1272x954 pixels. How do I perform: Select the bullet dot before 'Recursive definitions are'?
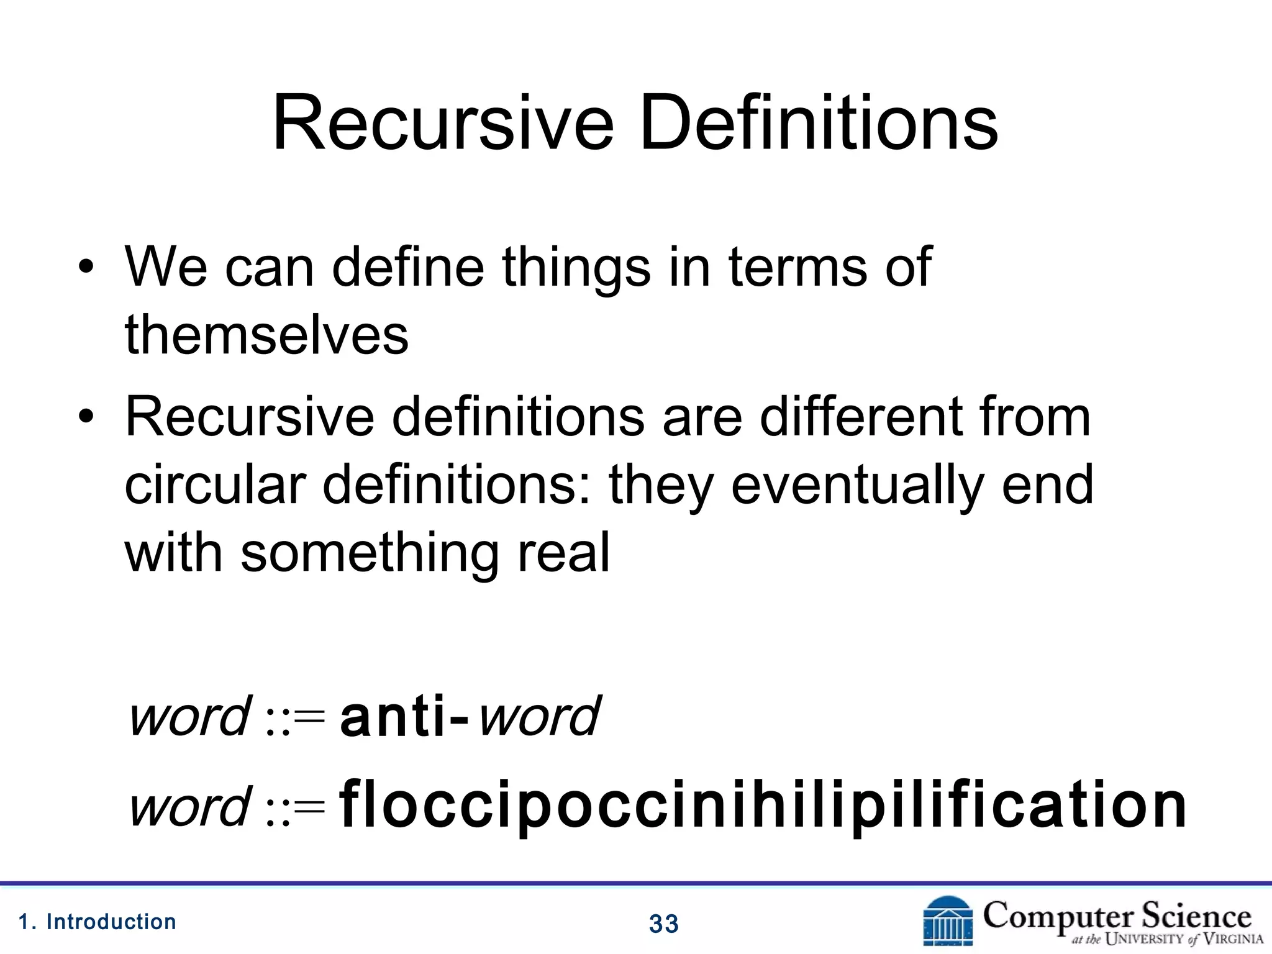click(86, 417)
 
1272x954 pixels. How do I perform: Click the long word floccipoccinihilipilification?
click(763, 806)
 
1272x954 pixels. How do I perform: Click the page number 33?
click(664, 924)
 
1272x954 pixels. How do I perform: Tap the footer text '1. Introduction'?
click(98, 922)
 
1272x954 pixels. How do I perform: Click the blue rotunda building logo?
click(948, 922)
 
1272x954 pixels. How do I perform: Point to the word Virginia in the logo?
click(1233, 940)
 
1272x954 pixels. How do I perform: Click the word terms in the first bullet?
click(797, 267)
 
